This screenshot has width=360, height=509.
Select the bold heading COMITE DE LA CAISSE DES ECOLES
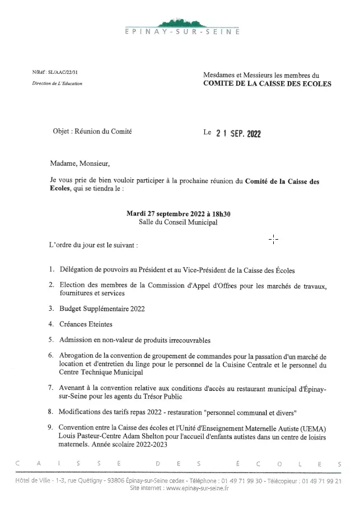pos(267,84)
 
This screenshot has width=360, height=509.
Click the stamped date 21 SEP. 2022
pos(238,134)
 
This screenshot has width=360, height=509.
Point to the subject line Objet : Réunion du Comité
pos(94,132)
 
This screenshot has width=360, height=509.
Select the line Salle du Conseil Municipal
pos(179,222)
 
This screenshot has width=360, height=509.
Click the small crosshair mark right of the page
pos(274,239)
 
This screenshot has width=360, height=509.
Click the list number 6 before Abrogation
pos(51,356)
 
